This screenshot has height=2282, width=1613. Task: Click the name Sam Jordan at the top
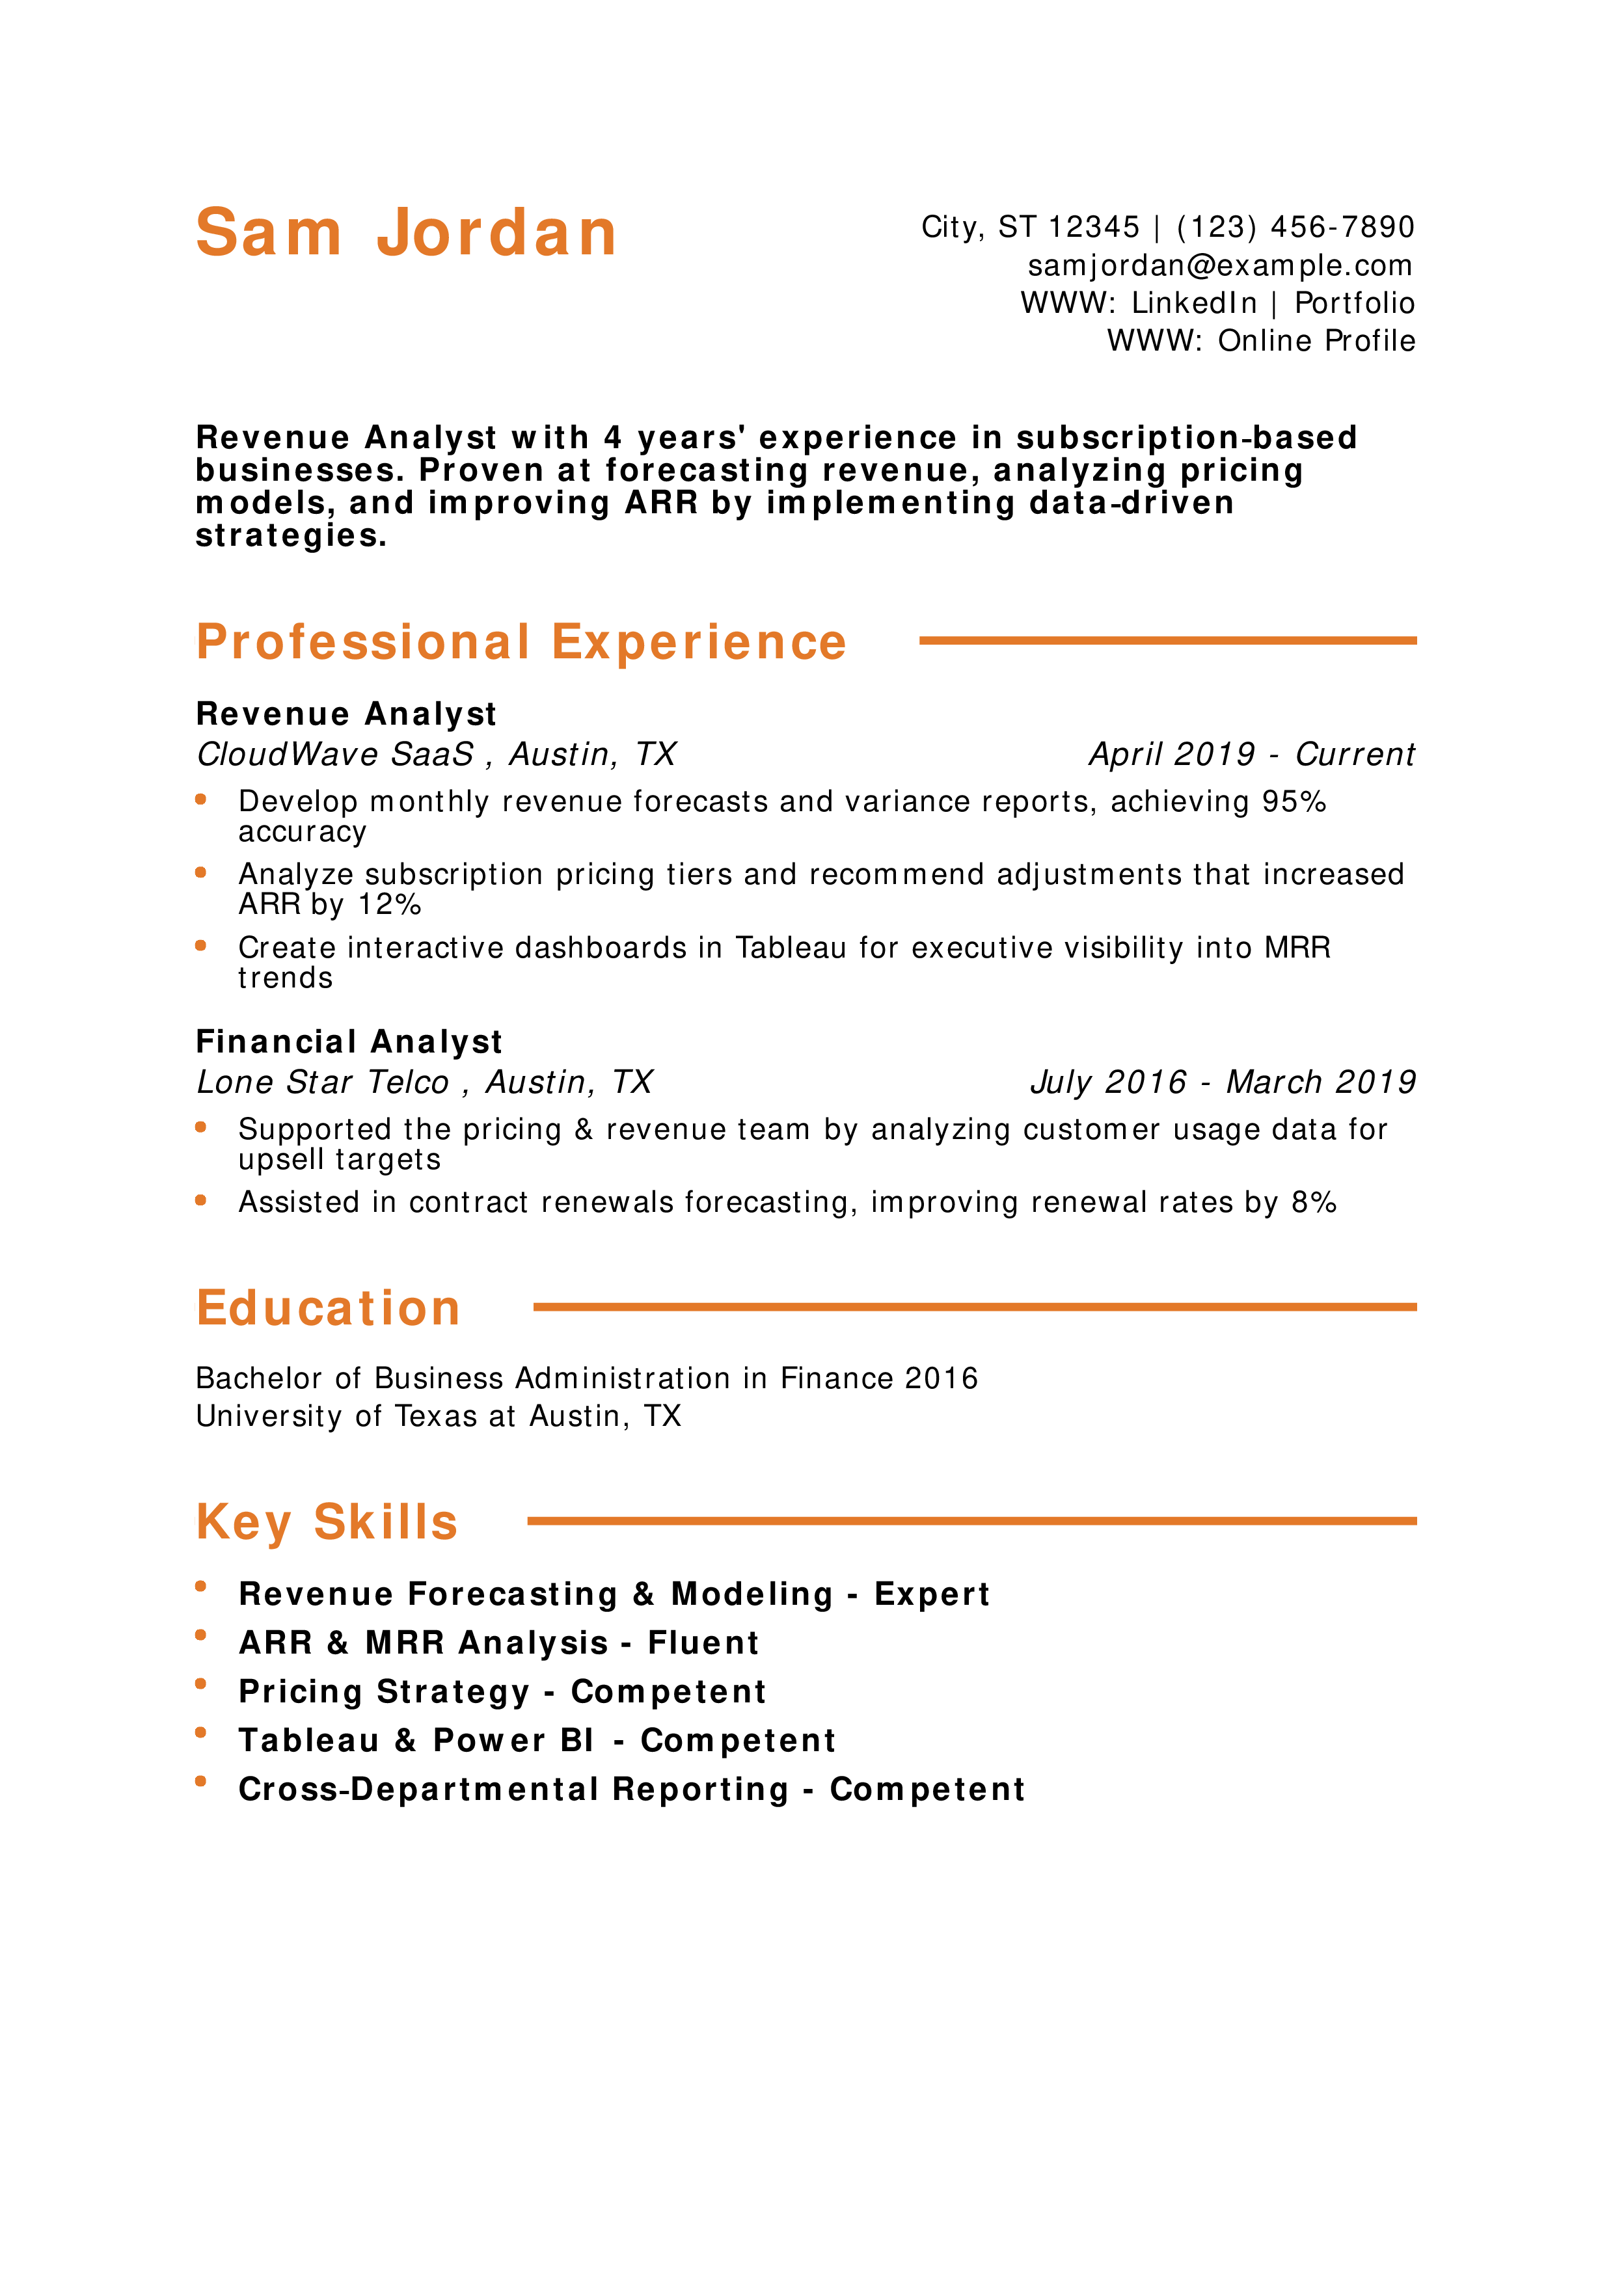pyautogui.click(x=407, y=233)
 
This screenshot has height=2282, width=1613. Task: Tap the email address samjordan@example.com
pyautogui.click(x=1221, y=265)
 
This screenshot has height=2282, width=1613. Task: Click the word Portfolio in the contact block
pyautogui.click(x=1355, y=303)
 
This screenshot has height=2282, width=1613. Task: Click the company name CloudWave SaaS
pyautogui.click(x=336, y=755)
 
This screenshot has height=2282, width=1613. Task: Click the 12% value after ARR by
pyautogui.click(x=390, y=904)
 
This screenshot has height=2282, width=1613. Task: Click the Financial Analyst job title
pyautogui.click(x=349, y=1041)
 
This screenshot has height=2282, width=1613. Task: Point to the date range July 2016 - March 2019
pyautogui.click(x=1223, y=1082)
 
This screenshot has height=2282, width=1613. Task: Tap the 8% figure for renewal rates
pyautogui.click(x=1314, y=1203)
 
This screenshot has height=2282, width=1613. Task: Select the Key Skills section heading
pyautogui.click(x=327, y=1522)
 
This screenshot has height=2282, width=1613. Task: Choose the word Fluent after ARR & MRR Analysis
pyautogui.click(x=703, y=1643)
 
